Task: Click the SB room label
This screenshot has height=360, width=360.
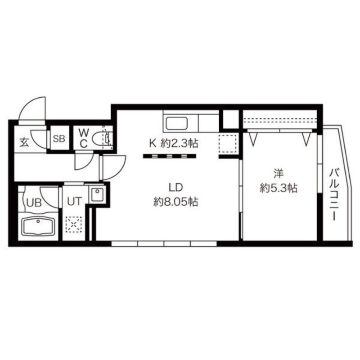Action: click(59, 139)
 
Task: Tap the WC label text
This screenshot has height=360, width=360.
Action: click(83, 138)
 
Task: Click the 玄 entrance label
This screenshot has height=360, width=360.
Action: click(24, 142)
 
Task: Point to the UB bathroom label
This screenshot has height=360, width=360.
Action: click(34, 203)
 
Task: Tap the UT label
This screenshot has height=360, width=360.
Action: click(74, 201)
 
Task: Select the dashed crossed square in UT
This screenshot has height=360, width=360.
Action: click(73, 225)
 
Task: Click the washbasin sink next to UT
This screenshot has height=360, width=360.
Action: click(98, 194)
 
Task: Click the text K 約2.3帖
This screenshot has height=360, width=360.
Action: click(174, 144)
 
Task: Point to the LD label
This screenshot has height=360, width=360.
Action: click(175, 188)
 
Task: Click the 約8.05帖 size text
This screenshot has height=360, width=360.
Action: click(175, 202)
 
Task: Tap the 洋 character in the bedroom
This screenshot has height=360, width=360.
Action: click(279, 173)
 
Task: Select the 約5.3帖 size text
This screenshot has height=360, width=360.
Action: click(279, 188)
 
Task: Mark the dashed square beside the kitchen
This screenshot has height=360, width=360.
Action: click(228, 144)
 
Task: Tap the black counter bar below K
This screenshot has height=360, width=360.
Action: click(170, 156)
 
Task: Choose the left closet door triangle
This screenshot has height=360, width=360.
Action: click(253, 139)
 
